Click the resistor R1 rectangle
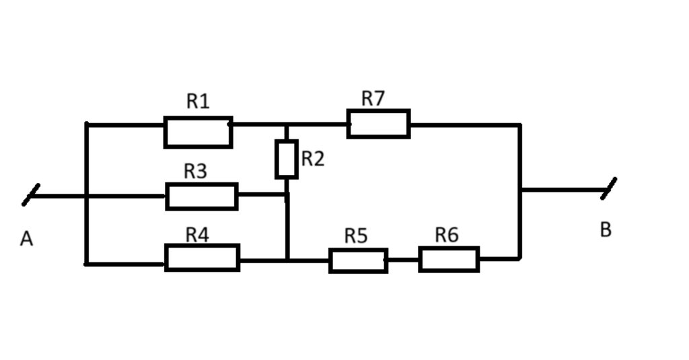point(198,132)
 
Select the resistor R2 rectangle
point(287,159)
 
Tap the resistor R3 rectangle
point(202,196)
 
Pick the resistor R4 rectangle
point(202,258)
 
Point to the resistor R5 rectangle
point(358,260)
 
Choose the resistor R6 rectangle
point(449,259)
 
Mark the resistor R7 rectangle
point(378,124)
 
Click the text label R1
point(198,102)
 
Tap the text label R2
point(313,159)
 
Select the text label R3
point(195,172)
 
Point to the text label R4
point(197,235)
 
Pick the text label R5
point(356,236)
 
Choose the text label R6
point(447,236)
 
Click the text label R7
point(373,98)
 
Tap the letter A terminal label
point(26,239)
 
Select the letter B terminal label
point(606,230)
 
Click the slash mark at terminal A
point(31,194)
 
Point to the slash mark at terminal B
point(608,188)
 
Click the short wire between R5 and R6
point(404,259)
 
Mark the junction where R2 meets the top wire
point(287,124)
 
